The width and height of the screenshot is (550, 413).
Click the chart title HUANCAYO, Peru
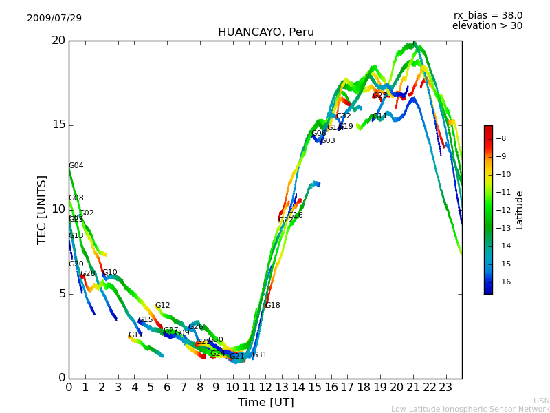tap(265, 32)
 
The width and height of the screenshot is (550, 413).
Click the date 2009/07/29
tap(54, 18)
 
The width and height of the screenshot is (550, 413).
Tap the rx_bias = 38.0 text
tap(487, 15)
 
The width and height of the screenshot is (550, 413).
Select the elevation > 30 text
tap(487, 26)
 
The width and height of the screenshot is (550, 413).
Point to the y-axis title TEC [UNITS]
tap(43, 209)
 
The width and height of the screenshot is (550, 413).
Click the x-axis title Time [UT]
tap(265, 402)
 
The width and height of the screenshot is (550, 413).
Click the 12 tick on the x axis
tap(265, 388)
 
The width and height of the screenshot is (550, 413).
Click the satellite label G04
tap(76, 166)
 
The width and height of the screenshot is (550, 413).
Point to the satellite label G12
tap(163, 306)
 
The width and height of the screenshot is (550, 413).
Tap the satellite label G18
tap(273, 306)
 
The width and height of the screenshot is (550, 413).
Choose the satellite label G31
tap(260, 355)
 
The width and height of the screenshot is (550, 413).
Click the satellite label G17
tap(136, 335)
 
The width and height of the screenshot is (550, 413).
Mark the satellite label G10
tap(110, 273)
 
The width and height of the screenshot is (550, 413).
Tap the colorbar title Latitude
tap(520, 209)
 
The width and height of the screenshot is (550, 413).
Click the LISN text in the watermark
tap(542, 401)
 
